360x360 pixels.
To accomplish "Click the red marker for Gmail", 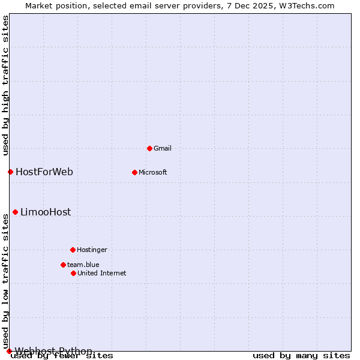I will [x=149, y=148].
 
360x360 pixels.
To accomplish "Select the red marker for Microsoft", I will [x=134, y=172].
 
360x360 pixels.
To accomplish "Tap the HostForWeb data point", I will [x=10, y=172].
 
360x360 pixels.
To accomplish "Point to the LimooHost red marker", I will [x=15, y=212].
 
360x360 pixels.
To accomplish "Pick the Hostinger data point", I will [x=73, y=250].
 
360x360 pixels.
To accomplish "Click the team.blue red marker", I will [x=63, y=265].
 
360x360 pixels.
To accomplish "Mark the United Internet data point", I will [x=73, y=273].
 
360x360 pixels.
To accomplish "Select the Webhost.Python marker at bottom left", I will [x=9, y=351].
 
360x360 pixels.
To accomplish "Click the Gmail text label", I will [x=163, y=148].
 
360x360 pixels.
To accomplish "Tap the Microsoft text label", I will [x=153, y=172].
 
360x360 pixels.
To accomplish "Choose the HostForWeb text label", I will [x=44, y=172].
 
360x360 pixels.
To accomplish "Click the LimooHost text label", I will [x=46, y=212].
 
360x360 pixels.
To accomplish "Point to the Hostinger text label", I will [x=92, y=250].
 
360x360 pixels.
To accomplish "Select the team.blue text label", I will [x=83, y=265].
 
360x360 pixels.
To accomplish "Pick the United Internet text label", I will [x=102, y=273].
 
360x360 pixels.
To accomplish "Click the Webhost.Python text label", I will [x=53, y=351].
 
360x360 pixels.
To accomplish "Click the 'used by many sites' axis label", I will [x=301, y=356].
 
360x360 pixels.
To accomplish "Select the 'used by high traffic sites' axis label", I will [x=5, y=85].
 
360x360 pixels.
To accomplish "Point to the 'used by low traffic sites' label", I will [x=5, y=281].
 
